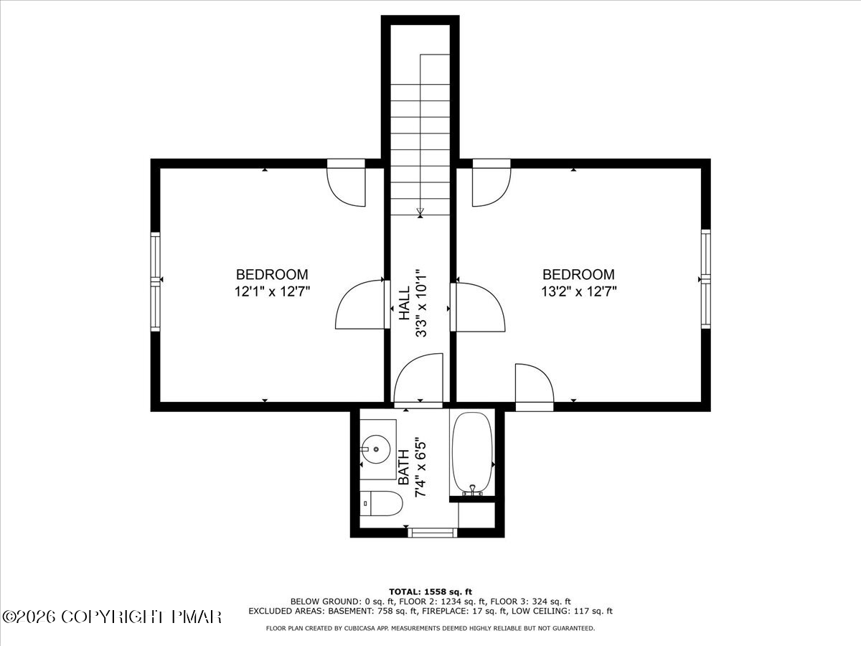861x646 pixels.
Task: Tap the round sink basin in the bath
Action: tap(376, 449)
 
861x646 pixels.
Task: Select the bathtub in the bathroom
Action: tap(472, 454)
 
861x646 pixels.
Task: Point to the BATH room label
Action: tap(404, 467)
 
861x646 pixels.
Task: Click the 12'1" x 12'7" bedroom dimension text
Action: tap(272, 292)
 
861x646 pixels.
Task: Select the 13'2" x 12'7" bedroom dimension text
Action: tap(579, 292)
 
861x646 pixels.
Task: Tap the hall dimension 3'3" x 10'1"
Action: tap(421, 303)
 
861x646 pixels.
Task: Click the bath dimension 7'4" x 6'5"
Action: tap(420, 467)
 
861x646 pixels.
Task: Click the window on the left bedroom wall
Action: tap(156, 281)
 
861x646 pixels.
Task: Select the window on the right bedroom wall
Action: tap(706, 279)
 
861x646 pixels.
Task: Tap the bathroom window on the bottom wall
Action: tap(433, 533)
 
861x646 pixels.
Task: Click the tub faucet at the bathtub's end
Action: tap(472, 490)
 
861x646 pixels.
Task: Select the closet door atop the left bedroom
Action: tap(346, 183)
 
